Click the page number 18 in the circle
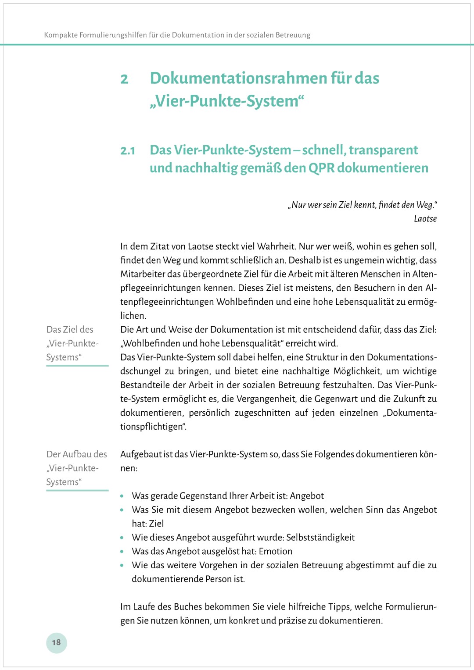56,642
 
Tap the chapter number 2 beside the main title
124,79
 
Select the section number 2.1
128,151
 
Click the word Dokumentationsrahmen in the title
238,78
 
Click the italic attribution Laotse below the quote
425,219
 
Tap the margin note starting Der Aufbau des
76,468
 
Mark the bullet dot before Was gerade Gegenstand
122,496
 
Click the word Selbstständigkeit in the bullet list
320,538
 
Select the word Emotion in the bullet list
275,552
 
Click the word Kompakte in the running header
61,35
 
